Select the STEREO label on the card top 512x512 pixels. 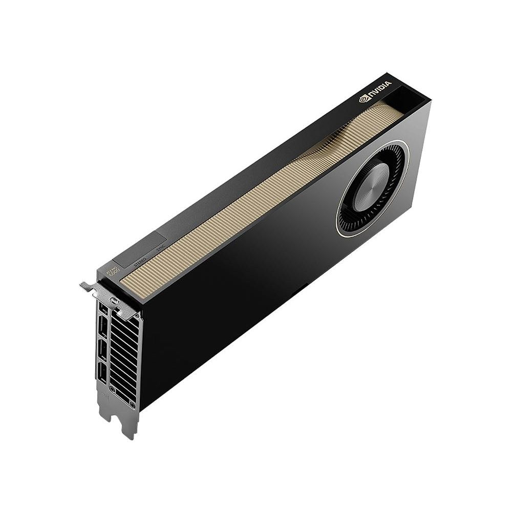pyautogui.click(x=139, y=262)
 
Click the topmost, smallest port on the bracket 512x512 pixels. pyautogui.click(x=104, y=310)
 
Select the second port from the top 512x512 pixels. pyautogui.click(x=102, y=328)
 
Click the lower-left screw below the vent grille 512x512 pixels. pyautogui.click(x=112, y=391)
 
